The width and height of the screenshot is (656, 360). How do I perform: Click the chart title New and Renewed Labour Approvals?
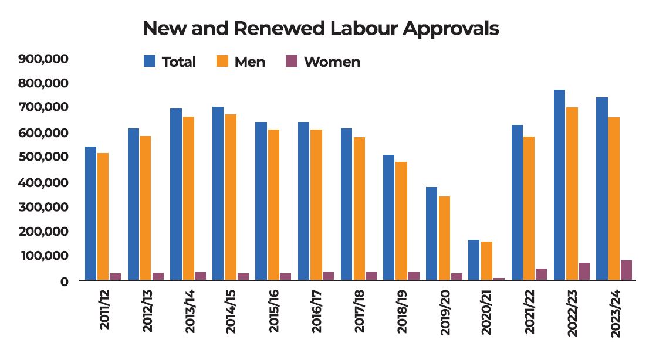pos(320,28)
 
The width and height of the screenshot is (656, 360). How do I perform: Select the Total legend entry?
pos(170,62)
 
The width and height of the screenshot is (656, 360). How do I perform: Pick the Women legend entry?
pos(323,62)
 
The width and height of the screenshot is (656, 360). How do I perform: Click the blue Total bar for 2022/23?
pos(559,185)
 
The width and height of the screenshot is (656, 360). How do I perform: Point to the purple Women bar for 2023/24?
pos(626,270)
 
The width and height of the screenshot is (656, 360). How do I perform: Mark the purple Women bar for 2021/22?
pos(541,274)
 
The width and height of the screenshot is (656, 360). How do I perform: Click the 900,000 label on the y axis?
pos(44,59)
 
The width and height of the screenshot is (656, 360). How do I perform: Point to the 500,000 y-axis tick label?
pos(44,157)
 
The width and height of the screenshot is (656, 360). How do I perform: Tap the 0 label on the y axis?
pos(65,281)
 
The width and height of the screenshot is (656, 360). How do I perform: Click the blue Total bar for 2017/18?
pos(347,204)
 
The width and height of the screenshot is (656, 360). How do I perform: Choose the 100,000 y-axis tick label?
pos(44,256)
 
